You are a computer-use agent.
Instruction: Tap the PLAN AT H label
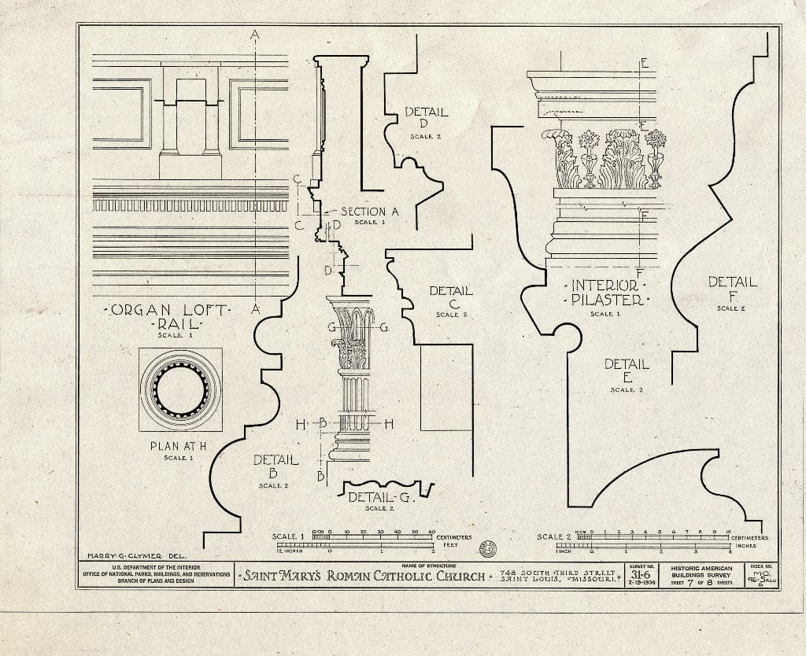(x=180, y=447)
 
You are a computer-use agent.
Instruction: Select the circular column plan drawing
(x=180, y=389)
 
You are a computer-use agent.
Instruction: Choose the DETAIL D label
(x=426, y=118)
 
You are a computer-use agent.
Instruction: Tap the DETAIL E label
(x=627, y=370)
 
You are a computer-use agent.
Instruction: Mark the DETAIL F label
(x=732, y=288)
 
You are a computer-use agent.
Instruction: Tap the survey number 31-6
(x=644, y=573)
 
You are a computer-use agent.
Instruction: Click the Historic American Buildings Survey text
(x=701, y=572)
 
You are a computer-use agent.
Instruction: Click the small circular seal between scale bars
(x=486, y=548)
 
